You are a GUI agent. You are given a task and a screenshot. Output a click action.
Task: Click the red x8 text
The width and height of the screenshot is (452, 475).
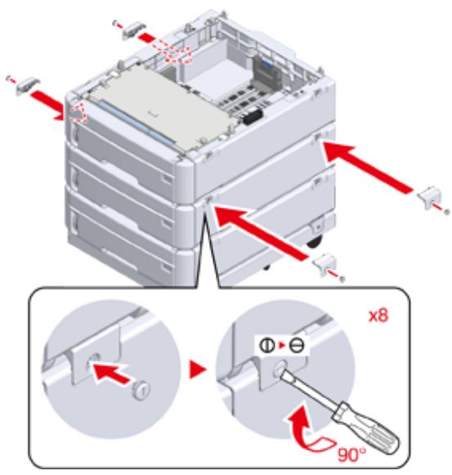click(378, 316)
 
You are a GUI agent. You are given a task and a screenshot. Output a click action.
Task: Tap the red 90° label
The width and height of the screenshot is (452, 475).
click(351, 454)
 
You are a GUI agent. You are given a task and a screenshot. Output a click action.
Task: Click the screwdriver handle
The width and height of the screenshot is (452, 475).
click(365, 428)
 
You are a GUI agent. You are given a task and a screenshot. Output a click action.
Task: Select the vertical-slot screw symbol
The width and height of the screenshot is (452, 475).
click(267, 345)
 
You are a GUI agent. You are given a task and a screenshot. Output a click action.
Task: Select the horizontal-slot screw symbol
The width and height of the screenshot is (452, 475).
click(296, 345)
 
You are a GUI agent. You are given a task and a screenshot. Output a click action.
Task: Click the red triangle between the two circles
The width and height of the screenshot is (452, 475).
click(197, 370)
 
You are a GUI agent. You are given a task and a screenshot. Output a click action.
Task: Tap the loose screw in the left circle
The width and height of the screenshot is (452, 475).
click(141, 390)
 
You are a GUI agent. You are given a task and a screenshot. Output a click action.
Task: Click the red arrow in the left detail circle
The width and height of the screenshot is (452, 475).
click(111, 374)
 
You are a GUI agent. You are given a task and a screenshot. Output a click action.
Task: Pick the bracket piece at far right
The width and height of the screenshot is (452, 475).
click(428, 197)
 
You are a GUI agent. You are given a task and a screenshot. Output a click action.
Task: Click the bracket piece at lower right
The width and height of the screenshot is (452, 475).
click(325, 265)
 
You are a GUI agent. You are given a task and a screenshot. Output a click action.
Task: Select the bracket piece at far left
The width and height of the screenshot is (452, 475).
click(27, 86)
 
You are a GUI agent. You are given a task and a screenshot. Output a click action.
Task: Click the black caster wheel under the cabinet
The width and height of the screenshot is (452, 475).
click(315, 241)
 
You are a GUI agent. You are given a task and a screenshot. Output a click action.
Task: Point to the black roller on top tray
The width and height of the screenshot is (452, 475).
click(252, 117)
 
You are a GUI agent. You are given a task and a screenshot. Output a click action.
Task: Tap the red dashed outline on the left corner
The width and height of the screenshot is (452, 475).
click(77, 112)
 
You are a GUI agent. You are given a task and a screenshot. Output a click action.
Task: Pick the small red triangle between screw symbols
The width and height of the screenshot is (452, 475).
click(282, 345)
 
